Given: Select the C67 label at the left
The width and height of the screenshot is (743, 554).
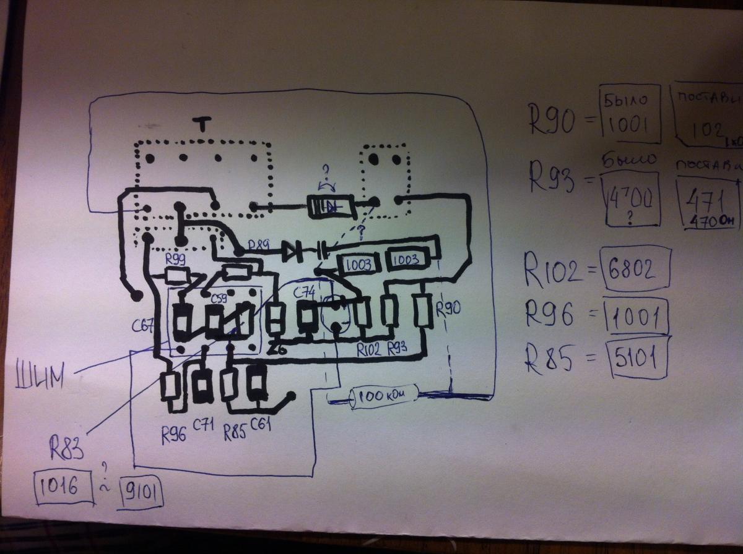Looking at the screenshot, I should point(144,326).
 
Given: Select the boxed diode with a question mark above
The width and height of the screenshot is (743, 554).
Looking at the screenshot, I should point(332,207).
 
